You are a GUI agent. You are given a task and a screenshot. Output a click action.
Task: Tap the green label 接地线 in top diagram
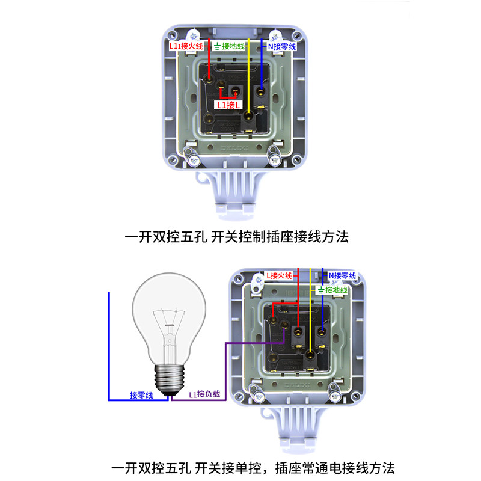230,46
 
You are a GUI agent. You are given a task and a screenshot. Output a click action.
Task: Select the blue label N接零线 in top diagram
281,46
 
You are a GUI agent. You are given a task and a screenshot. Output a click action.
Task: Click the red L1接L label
230,105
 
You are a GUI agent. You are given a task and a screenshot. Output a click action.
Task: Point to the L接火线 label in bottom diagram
279,275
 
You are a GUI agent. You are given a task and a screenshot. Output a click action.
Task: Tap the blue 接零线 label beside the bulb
142,395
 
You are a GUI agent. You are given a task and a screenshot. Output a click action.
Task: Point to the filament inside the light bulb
170,328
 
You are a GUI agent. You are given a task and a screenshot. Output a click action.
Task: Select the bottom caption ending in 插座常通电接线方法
253,467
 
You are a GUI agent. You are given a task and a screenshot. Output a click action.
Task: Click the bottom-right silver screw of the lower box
332,396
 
